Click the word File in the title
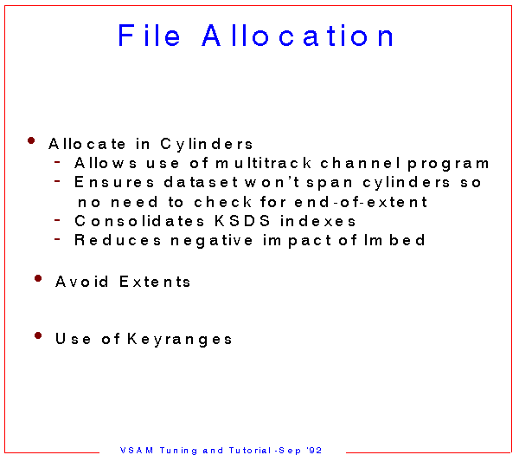150,36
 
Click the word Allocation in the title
298,36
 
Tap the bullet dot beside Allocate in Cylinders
31,140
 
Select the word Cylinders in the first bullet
207,145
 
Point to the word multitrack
264,163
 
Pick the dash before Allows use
57,162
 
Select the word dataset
201,182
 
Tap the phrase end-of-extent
361,202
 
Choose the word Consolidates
139,221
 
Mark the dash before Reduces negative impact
57,239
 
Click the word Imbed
394,240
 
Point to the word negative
212,241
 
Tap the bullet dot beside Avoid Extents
38,278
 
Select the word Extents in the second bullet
155,282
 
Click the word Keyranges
180,340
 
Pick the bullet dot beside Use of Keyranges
38,335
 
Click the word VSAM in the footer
137,450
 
